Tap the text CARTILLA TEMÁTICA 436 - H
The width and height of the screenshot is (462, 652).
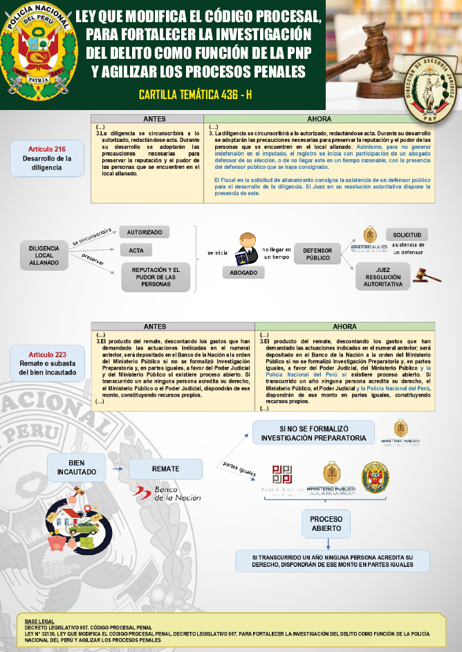pos(195,94)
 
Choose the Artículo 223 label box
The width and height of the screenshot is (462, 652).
pos(47,364)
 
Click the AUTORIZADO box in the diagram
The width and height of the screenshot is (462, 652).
pos(144,233)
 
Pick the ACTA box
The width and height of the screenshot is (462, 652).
pos(136,251)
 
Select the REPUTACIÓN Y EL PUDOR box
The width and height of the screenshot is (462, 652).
pos(156,277)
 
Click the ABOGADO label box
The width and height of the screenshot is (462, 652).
pos(243,273)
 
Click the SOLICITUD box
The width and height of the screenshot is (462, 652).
pos(407,235)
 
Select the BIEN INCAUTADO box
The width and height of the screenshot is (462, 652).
pos(77,468)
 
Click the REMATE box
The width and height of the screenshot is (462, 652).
pos(165,469)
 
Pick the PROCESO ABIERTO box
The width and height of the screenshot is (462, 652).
pos(326,524)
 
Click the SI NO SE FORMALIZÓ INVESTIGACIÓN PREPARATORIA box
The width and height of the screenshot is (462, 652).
pos(314,433)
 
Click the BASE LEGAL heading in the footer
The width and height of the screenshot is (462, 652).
pos(39,622)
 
